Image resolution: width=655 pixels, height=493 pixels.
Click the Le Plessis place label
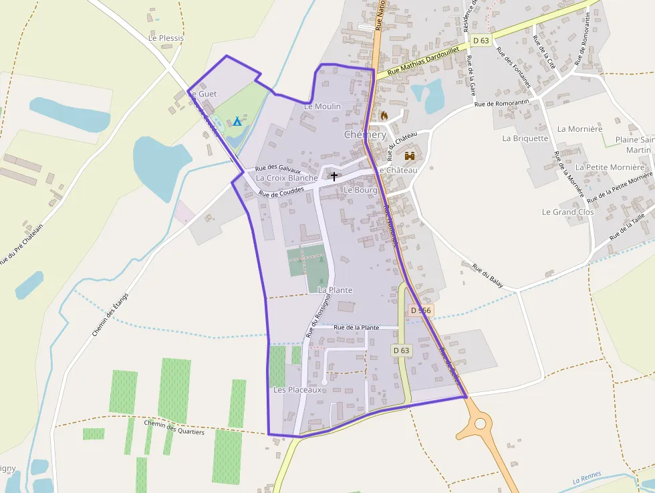[x=166, y=38]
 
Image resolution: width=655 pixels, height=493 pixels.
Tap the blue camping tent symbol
[x=237, y=122]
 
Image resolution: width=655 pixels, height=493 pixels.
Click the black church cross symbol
[x=334, y=176]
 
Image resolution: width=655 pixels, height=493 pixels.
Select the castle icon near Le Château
[x=410, y=156]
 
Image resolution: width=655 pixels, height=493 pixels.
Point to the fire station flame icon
[x=384, y=116]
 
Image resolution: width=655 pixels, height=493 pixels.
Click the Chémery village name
[x=365, y=134]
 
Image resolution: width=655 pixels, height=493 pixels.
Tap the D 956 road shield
[x=421, y=310]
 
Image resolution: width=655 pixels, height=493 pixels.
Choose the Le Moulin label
[x=322, y=106]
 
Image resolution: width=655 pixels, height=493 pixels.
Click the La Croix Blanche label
[x=287, y=178]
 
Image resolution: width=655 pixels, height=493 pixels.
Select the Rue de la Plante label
[x=356, y=328]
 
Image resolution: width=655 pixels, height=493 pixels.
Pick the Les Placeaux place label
[x=297, y=389]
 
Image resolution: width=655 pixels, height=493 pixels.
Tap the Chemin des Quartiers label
[x=174, y=427]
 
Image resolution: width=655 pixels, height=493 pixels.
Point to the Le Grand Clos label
[x=567, y=212]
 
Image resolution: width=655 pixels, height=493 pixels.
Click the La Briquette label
[x=525, y=138]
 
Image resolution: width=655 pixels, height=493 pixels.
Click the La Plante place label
[x=335, y=290]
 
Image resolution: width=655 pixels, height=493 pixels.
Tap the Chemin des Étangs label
[x=110, y=314]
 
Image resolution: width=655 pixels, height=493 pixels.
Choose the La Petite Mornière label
[x=610, y=167]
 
